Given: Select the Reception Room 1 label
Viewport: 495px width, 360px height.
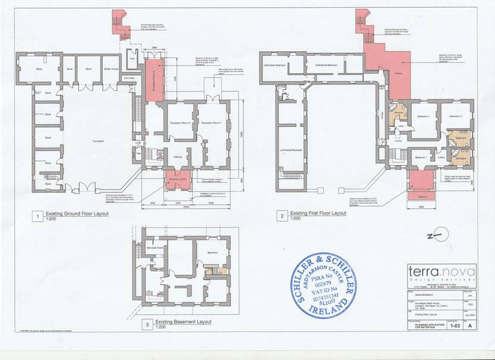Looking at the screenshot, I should click(x=212, y=123).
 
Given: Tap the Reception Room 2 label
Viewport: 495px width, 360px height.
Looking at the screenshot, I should click(x=178, y=123).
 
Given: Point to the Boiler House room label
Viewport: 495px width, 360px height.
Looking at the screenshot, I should click(x=110, y=69).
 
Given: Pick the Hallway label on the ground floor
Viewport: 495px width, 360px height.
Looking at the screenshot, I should click(x=177, y=156).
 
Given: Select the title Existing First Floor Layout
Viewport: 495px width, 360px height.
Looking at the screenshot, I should click(x=317, y=213).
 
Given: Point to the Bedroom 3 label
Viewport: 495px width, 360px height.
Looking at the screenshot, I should click(x=423, y=116).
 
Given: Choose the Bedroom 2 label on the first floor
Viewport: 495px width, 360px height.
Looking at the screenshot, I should click(x=456, y=116).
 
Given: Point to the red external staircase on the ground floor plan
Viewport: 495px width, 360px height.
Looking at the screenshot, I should click(x=121, y=25).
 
